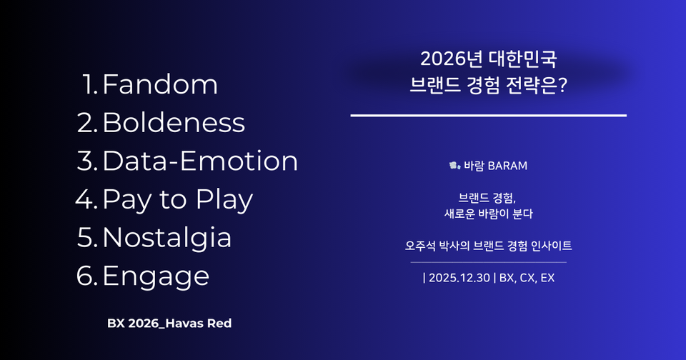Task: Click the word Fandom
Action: (160, 85)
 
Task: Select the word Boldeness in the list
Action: (174, 123)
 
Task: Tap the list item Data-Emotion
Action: (200, 161)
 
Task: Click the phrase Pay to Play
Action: (177, 199)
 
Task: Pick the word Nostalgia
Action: (167, 237)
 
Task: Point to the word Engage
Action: (156, 276)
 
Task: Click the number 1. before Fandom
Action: (91, 85)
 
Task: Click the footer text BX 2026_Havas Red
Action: (169, 324)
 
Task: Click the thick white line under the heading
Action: (488, 114)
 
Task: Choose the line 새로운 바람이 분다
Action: (489, 213)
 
